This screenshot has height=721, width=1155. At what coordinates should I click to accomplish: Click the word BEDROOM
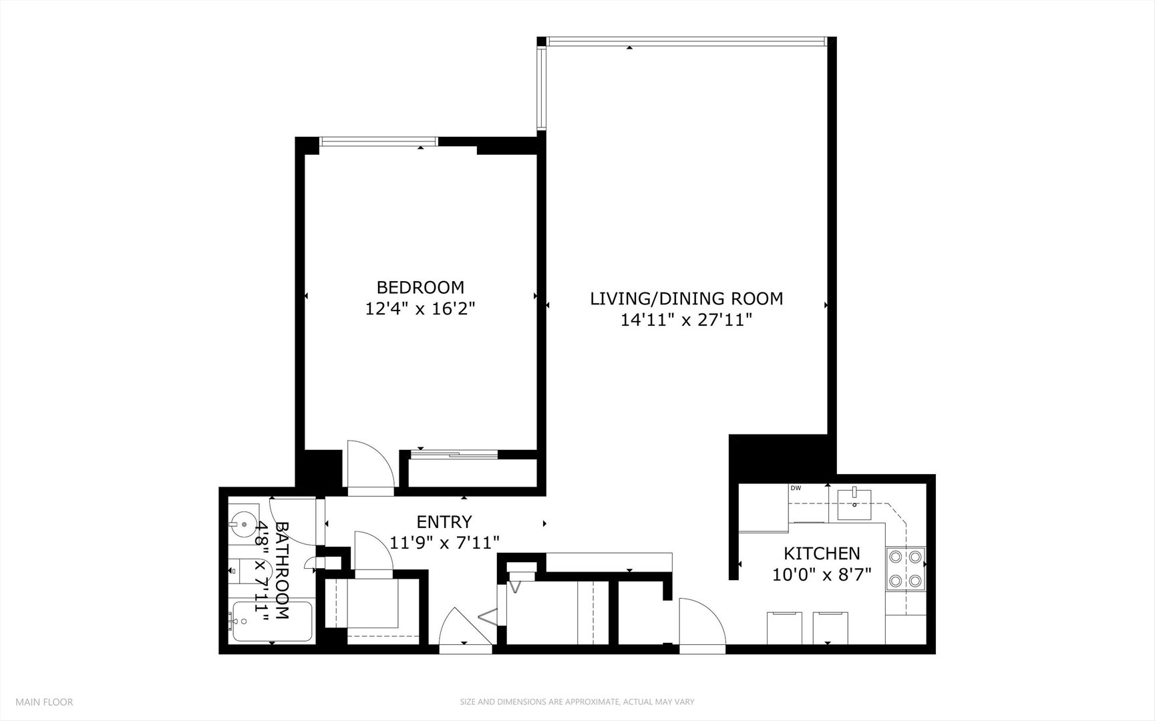coord(420,288)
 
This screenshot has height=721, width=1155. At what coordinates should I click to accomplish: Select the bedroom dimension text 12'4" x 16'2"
coord(420,309)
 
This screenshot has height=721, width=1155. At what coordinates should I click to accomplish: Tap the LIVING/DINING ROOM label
coord(686,298)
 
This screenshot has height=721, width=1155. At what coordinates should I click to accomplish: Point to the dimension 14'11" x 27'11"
coord(686,320)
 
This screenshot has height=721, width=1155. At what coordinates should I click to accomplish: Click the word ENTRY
coord(444,521)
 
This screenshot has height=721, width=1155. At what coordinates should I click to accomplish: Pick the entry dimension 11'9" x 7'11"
coord(444,543)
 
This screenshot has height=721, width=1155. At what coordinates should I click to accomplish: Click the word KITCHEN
coord(821,553)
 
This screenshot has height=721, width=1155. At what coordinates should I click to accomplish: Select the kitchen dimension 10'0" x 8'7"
coord(821,575)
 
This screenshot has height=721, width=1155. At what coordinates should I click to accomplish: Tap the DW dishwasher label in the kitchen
coord(796,488)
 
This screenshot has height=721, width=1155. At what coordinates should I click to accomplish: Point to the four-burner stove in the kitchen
coord(905,569)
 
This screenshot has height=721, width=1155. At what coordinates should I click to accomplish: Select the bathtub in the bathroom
coord(271,622)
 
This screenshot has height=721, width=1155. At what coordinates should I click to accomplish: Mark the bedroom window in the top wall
coord(379,142)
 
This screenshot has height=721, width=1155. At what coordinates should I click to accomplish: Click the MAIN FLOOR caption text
coord(44,702)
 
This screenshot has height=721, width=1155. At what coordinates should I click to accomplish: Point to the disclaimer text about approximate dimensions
coord(576,702)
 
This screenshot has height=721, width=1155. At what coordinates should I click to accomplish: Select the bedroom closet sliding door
coord(454,455)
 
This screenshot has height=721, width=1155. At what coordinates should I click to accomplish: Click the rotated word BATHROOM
coord(282,570)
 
